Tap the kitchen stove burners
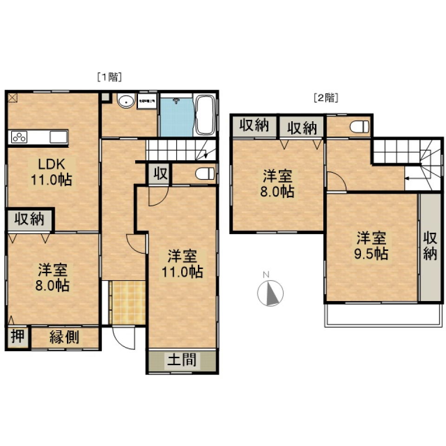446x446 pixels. (x=19, y=137)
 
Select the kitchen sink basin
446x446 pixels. (x=59, y=137)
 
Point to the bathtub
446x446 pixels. (x=205, y=115)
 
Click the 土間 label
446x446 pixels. (x=182, y=360)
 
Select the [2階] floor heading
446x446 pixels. (x=326, y=98)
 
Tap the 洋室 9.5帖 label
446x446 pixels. (x=372, y=246)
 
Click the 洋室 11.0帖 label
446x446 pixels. (x=182, y=263)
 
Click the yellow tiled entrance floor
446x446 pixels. (x=128, y=302)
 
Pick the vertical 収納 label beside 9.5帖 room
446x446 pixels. (x=430, y=246)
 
